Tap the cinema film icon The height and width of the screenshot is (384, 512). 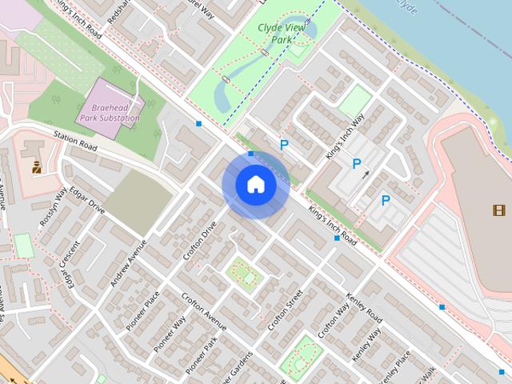(x=499, y=210)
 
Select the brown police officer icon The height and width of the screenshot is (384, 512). (x=37, y=166)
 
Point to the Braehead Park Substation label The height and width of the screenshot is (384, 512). (x=109, y=112)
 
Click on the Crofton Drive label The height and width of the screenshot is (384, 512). (x=200, y=241)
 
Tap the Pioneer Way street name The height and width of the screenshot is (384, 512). (x=170, y=332)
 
